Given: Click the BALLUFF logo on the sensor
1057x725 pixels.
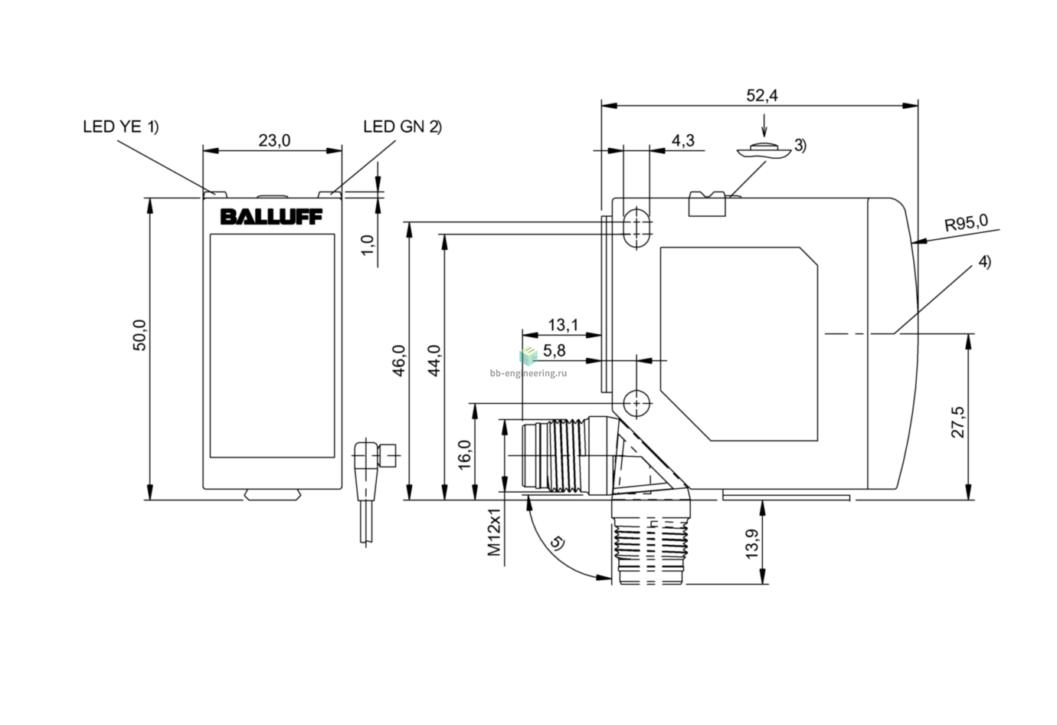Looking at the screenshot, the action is click(271, 217).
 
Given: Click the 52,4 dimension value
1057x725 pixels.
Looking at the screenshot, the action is click(762, 95).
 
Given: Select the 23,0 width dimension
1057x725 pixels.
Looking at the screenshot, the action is click(274, 140).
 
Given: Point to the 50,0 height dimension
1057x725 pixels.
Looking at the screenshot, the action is click(139, 336).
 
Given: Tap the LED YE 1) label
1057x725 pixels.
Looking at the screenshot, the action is click(121, 126).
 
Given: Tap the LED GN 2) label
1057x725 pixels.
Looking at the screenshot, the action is click(403, 126).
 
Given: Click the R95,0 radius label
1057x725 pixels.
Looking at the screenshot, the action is click(966, 222).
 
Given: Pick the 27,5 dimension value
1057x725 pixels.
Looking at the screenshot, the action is click(958, 422).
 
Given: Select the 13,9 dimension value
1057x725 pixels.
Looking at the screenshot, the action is click(751, 544).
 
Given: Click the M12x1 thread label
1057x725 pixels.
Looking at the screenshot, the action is click(493, 532).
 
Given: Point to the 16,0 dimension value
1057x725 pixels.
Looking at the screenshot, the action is click(464, 454).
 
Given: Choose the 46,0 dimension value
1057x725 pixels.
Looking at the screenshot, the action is click(399, 361).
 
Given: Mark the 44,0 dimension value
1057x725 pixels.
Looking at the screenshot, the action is click(434, 361).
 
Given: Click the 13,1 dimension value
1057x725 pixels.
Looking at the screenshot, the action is click(562, 325).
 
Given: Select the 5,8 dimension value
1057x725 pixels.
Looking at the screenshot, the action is click(554, 350).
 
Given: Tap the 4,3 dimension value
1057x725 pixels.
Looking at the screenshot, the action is click(682, 140).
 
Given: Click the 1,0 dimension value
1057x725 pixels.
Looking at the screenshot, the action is click(368, 245).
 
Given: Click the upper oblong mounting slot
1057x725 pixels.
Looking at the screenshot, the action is click(637, 228).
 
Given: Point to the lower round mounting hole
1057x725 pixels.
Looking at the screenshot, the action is click(637, 404).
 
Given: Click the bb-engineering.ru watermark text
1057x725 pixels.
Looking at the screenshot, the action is click(528, 373).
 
